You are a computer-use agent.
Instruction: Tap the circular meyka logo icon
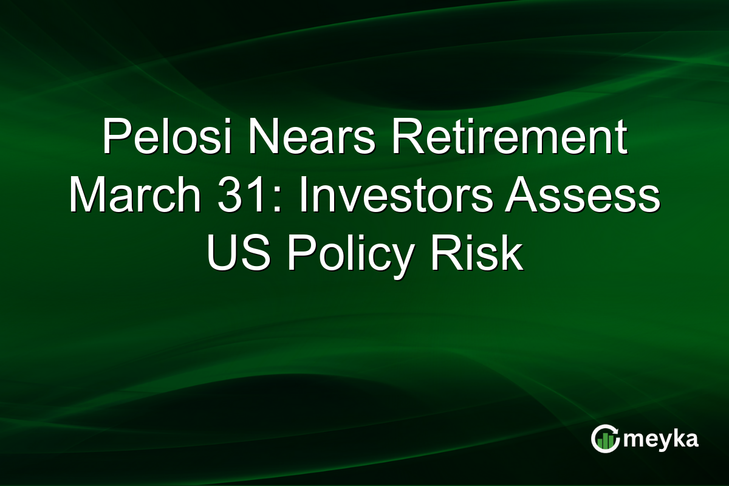tap(606, 439)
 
